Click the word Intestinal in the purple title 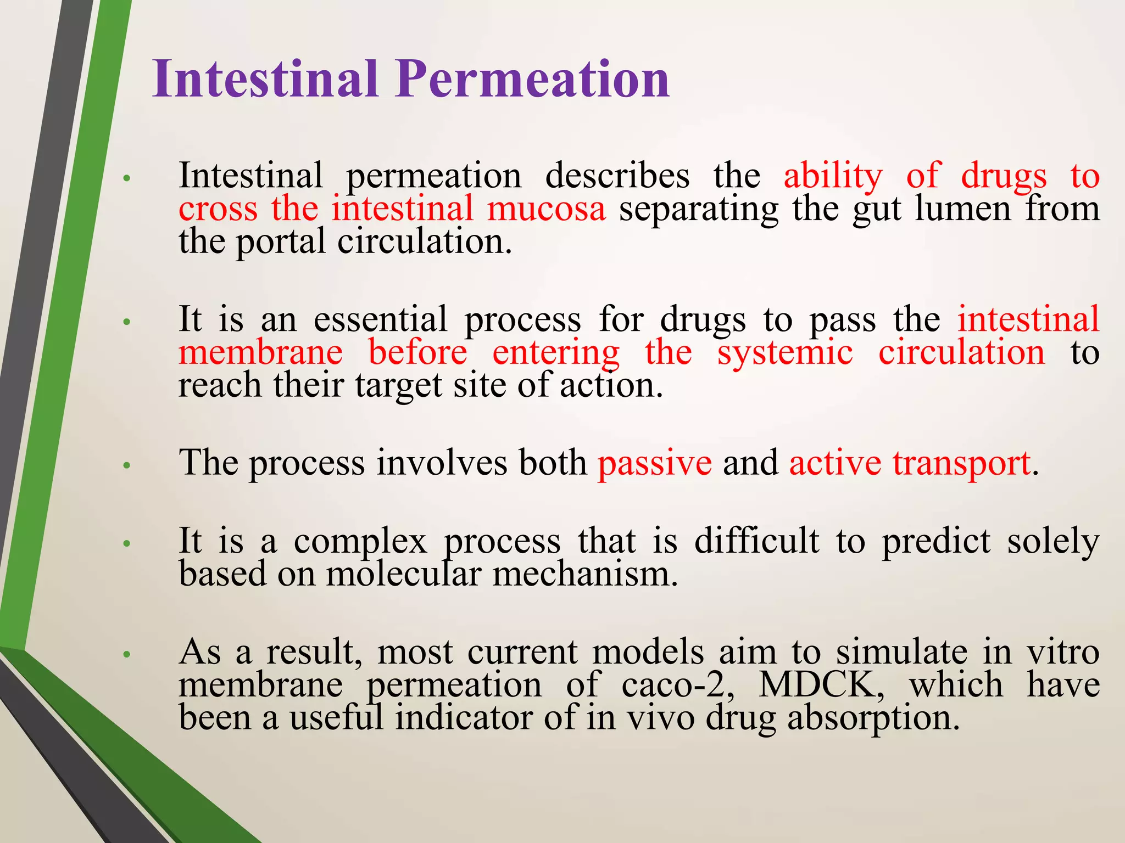(x=265, y=80)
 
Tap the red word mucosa (x=546, y=209)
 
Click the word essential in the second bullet (x=380, y=319)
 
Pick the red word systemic (x=785, y=352)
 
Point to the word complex (x=360, y=542)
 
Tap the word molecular (x=404, y=575)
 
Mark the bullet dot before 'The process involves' (x=126, y=465)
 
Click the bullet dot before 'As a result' (x=126, y=654)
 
